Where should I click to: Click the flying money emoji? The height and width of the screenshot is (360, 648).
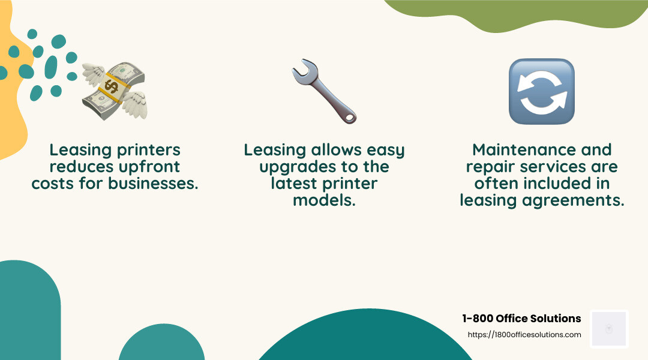114,91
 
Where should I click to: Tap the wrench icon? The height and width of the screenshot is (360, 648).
324,91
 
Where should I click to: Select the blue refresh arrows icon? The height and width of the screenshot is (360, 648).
542,91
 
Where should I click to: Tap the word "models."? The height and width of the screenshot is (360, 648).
324,200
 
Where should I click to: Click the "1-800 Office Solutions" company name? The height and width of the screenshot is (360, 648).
521,319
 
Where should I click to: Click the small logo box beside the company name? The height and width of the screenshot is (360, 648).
609,329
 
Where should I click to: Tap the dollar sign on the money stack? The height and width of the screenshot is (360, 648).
112,86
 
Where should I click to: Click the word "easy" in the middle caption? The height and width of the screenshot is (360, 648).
385,150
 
